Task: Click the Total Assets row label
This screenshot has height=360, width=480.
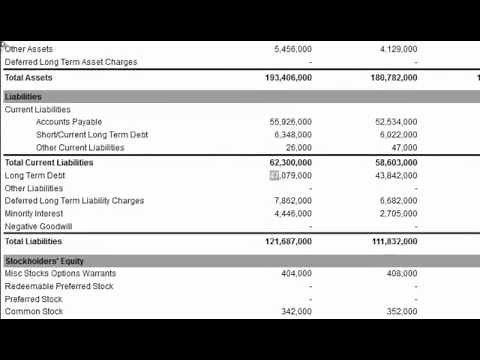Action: click(29, 77)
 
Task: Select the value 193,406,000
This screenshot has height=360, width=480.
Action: click(288, 77)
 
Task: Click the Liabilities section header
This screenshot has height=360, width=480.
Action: click(23, 97)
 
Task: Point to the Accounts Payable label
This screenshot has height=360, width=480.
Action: click(69, 122)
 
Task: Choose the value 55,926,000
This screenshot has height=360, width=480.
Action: click(290, 122)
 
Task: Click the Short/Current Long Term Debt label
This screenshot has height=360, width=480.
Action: click(92, 135)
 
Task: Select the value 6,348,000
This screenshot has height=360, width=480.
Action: click(292, 135)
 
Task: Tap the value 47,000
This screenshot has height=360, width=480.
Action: click(405, 148)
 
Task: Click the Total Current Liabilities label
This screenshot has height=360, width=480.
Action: click(49, 162)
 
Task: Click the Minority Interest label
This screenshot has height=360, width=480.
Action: click(34, 214)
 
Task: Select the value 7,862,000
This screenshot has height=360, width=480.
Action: click(292, 201)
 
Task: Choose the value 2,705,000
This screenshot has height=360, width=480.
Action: click(398, 214)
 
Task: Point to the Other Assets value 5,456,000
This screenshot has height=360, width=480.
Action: click(292, 49)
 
